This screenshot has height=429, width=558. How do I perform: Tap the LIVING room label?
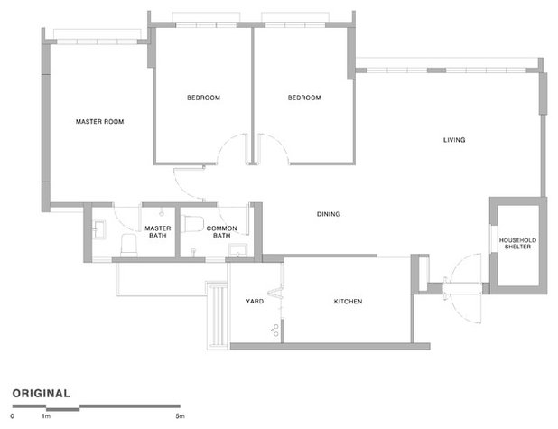coord(453,140)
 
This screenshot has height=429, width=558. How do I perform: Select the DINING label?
coord(329,214)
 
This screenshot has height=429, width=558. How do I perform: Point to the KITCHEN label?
coord(348,302)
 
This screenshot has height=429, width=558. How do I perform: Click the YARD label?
coord(254,302)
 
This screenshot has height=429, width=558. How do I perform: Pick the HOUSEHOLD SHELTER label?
coord(517,243)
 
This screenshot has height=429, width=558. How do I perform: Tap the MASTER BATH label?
coord(158,232)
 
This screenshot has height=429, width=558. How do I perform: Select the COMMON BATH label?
coord(221,232)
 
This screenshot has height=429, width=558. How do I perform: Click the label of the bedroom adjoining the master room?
coord(204,98)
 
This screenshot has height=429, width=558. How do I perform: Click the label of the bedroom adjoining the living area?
coord(304,98)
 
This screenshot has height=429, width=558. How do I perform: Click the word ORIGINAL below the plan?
coord(42,393)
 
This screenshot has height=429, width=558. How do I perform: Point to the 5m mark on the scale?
coord(180,416)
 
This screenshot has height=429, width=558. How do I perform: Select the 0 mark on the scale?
coord(13,416)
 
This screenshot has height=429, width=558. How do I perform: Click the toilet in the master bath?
coord(127,245)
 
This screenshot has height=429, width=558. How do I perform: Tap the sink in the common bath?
coord(237,248)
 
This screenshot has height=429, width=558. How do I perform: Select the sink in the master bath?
coord(99,225)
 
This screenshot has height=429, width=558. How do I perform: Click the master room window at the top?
coord(96,35)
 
